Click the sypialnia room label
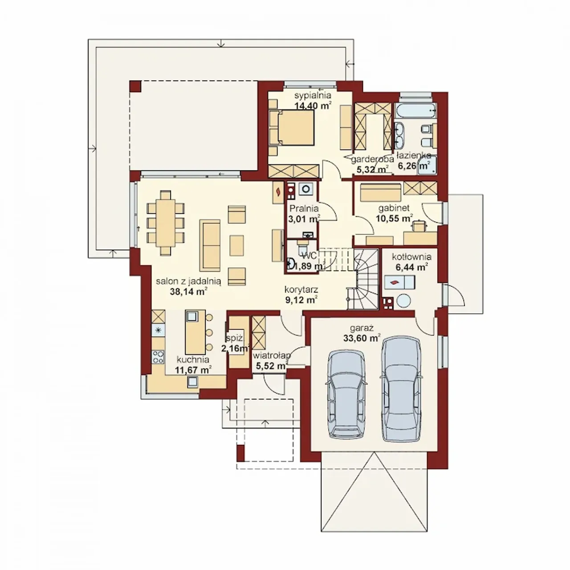313,96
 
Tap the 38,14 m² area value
188,292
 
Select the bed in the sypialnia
292,128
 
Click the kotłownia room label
411,257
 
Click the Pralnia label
304,208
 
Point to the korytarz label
301,289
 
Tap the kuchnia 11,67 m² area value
193,370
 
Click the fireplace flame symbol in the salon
278,192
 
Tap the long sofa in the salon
210,245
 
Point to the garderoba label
372,159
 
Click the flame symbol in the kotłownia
394,282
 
